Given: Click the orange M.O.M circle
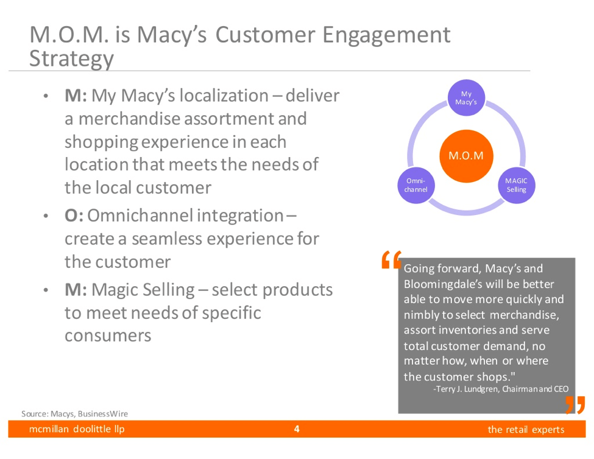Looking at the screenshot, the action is click(x=466, y=156).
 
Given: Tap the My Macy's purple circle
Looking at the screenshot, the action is click(x=466, y=97).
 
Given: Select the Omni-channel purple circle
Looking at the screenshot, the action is click(x=416, y=185).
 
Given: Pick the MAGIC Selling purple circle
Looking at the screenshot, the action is click(x=517, y=185).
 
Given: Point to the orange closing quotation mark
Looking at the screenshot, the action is click(x=575, y=405).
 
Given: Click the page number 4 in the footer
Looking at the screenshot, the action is click(x=297, y=429).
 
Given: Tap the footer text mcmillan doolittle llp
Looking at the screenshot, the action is click(x=77, y=429).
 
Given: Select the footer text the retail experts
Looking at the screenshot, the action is click(x=526, y=430).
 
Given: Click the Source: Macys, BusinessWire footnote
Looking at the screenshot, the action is click(x=74, y=413).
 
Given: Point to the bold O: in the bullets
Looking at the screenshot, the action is click(x=74, y=215).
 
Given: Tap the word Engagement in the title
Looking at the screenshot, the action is click(x=386, y=36).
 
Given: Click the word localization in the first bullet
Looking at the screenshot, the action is click(x=224, y=96).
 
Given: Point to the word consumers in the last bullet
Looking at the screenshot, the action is click(x=108, y=336).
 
